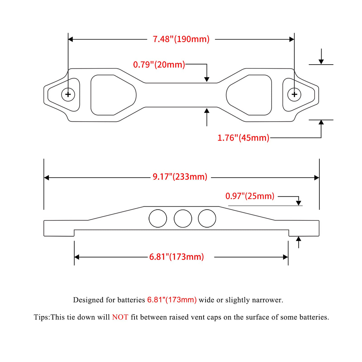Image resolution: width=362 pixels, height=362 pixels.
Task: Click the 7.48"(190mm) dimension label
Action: [181, 39]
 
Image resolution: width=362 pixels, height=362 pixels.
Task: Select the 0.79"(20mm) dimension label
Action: [159, 65]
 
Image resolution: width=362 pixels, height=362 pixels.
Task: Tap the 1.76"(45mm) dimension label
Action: [243, 138]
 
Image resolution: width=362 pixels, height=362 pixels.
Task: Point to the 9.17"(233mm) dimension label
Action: [180, 177]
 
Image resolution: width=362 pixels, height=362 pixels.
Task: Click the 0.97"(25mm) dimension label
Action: [250, 196]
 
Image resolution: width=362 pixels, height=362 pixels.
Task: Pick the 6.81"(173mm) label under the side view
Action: [176, 257]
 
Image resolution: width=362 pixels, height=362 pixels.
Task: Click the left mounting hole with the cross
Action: [68, 94]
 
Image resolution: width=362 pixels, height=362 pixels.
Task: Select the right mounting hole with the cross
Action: [294, 94]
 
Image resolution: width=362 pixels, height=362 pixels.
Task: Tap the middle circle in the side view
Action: [183, 218]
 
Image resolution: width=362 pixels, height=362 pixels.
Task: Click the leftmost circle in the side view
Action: [158, 218]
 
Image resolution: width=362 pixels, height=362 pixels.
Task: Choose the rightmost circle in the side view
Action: [207, 218]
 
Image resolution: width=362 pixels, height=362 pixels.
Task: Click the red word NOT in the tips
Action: [120, 317]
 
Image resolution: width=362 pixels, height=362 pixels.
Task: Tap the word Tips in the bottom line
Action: [41, 317]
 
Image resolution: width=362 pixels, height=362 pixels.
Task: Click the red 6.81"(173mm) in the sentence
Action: [172, 300]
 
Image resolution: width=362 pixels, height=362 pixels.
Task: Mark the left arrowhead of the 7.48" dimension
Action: [71, 39]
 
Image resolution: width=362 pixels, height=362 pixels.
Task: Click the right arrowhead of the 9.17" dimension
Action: [317, 178]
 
